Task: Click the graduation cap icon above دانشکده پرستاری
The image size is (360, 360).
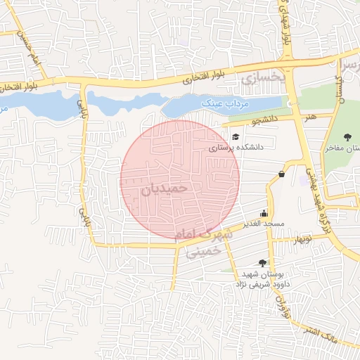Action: pyautogui.click(x=236, y=136)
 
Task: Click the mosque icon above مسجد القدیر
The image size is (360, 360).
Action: pyautogui.click(x=264, y=214)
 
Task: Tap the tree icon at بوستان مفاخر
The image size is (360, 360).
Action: pyautogui.click(x=347, y=137)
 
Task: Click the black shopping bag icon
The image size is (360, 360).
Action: pyautogui.click(x=281, y=174)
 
